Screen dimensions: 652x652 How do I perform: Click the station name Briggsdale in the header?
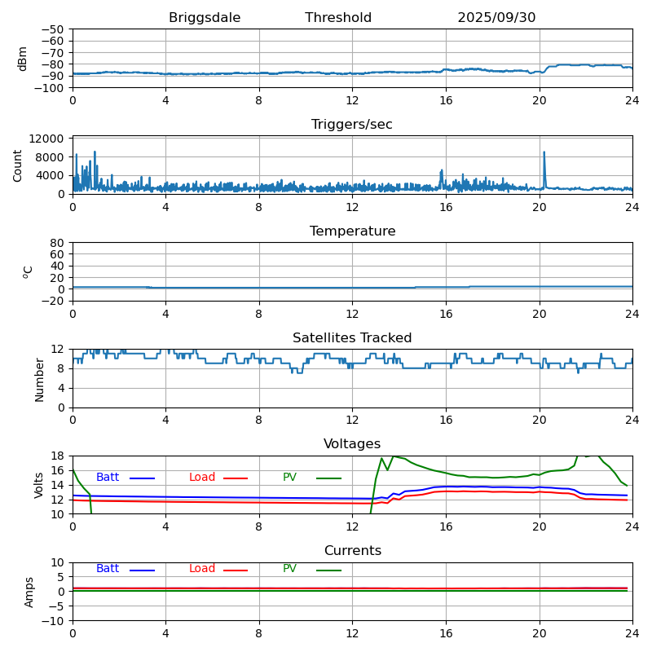point(204,18)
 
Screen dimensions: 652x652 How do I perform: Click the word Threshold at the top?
point(338,18)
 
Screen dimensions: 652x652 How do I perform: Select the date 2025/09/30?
point(496,18)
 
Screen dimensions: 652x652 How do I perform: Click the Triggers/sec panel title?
point(352,125)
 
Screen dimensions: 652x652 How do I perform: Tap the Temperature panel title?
point(352,231)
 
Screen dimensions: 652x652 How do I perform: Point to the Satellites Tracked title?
point(352,338)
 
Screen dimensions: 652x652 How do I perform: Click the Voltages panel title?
point(352,444)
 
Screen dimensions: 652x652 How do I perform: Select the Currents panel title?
point(352,551)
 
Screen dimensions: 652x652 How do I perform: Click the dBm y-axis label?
point(23,59)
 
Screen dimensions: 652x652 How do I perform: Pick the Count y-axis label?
point(18,165)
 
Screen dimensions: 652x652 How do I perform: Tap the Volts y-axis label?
point(39,485)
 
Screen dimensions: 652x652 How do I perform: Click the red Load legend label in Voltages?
point(202,478)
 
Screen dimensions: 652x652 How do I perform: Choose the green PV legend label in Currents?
point(290,569)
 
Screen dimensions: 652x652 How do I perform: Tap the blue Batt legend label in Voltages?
point(108,478)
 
